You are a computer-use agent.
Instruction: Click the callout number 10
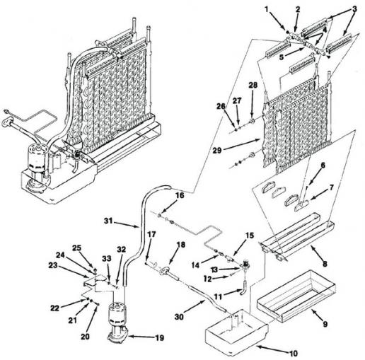pyautogui.click(x=293, y=353)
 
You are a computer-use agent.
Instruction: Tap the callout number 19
pyautogui.click(x=160, y=337)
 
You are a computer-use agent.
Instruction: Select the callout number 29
pyautogui.click(x=217, y=150)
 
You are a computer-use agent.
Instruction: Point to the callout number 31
pyautogui.click(x=109, y=221)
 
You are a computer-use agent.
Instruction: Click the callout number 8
pyautogui.click(x=325, y=264)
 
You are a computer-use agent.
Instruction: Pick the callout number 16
pyautogui.click(x=180, y=195)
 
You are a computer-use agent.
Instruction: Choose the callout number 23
pyautogui.click(x=53, y=265)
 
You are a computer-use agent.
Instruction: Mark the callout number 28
pyautogui.click(x=253, y=85)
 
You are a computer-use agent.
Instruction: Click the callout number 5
pyautogui.click(x=282, y=57)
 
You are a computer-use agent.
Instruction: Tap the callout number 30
pyautogui.click(x=179, y=317)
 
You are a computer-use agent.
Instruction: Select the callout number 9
pyautogui.click(x=325, y=324)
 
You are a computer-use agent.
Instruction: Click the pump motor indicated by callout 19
pyautogui.click(x=118, y=320)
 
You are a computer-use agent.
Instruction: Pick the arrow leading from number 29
pyautogui.click(x=241, y=144)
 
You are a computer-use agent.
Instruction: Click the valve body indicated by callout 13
pyautogui.click(x=245, y=265)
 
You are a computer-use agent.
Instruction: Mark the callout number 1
pyautogui.click(x=267, y=10)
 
